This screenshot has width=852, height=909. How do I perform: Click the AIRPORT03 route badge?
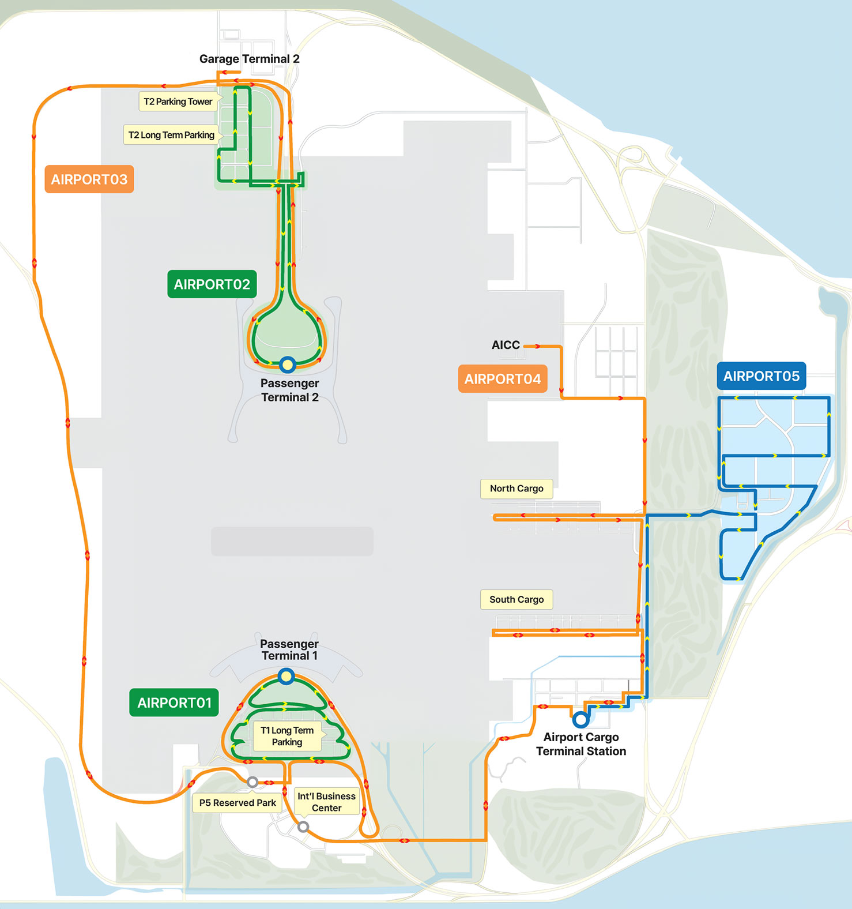coord(89,179)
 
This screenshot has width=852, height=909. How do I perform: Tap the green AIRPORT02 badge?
coord(212,284)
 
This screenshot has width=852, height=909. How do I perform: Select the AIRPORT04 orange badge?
coord(502,379)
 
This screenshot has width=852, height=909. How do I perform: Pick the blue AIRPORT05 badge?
coord(761,377)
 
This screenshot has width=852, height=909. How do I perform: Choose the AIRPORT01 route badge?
coord(174,703)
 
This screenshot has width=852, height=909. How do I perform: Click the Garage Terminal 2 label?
coord(249,59)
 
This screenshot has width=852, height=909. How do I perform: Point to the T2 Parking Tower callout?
coord(178,102)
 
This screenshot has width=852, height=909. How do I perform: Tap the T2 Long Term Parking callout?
coord(171,135)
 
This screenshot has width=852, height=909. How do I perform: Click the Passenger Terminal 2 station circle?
coord(287,365)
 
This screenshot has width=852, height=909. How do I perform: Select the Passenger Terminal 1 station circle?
coord(286,676)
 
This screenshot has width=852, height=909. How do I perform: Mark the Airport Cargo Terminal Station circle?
coord(580,719)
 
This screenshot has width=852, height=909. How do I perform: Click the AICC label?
coord(506,345)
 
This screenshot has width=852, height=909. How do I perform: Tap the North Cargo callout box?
coord(517,489)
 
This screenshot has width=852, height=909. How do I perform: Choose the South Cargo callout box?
coord(517,599)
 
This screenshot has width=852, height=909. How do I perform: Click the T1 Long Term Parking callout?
coord(287,737)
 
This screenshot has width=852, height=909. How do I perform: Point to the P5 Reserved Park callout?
coord(237,803)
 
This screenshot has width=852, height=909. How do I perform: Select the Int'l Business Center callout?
coord(326,802)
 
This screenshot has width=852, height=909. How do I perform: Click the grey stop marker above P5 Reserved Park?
coord(252,782)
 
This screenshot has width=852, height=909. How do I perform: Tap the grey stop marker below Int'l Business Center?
coord(303,827)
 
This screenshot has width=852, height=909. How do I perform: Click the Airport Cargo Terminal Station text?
coord(581,744)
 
